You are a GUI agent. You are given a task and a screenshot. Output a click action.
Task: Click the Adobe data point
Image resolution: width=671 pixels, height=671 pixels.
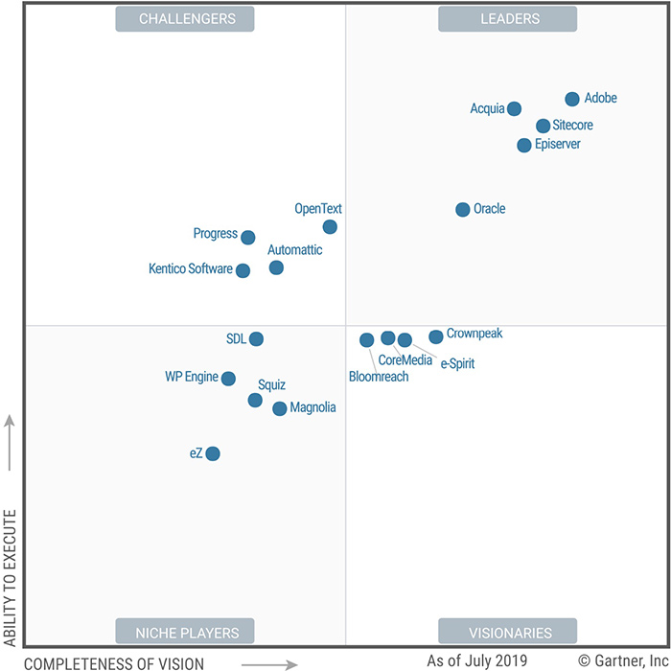pyautogui.click(x=572, y=99)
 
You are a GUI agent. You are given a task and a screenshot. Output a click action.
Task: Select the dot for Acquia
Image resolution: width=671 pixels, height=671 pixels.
pyautogui.click(x=514, y=108)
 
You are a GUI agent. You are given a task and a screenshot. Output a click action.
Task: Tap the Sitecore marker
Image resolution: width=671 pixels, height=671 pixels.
pyautogui.click(x=543, y=126)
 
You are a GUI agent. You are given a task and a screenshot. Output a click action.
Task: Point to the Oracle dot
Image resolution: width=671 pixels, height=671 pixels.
pyautogui.click(x=463, y=209)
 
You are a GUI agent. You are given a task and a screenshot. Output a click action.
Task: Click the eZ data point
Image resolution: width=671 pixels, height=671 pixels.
pyautogui.click(x=213, y=453)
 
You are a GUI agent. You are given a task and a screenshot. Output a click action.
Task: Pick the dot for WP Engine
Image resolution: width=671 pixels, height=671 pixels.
pyautogui.click(x=228, y=379)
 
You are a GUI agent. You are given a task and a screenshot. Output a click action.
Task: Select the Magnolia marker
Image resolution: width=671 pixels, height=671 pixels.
pyautogui.click(x=279, y=408)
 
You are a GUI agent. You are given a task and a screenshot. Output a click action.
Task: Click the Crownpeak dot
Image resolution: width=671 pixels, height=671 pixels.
pyautogui.click(x=436, y=336)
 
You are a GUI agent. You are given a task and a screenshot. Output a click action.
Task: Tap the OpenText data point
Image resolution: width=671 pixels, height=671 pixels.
pyautogui.click(x=330, y=227)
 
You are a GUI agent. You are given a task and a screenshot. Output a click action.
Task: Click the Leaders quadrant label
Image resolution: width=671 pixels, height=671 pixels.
pyautogui.click(x=507, y=19)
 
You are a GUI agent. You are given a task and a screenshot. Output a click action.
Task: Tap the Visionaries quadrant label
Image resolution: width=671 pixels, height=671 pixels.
pyautogui.click(x=507, y=632)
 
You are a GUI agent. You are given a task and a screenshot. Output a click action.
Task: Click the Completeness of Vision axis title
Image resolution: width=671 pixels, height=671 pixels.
pyautogui.click(x=114, y=663)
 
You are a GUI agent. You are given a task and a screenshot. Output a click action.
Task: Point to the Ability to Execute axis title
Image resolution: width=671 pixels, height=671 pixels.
pyautogui.click(x=11, y=575)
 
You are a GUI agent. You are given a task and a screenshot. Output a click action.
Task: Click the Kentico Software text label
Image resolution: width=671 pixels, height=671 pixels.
pyautogui.click(x=190, y=269)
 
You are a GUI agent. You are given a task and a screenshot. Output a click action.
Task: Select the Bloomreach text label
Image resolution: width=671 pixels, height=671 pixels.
pyautogui.click(x=379, y=377)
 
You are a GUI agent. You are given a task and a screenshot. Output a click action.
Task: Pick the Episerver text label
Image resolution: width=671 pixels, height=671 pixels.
pyautogui.click(x=558, y=145)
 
